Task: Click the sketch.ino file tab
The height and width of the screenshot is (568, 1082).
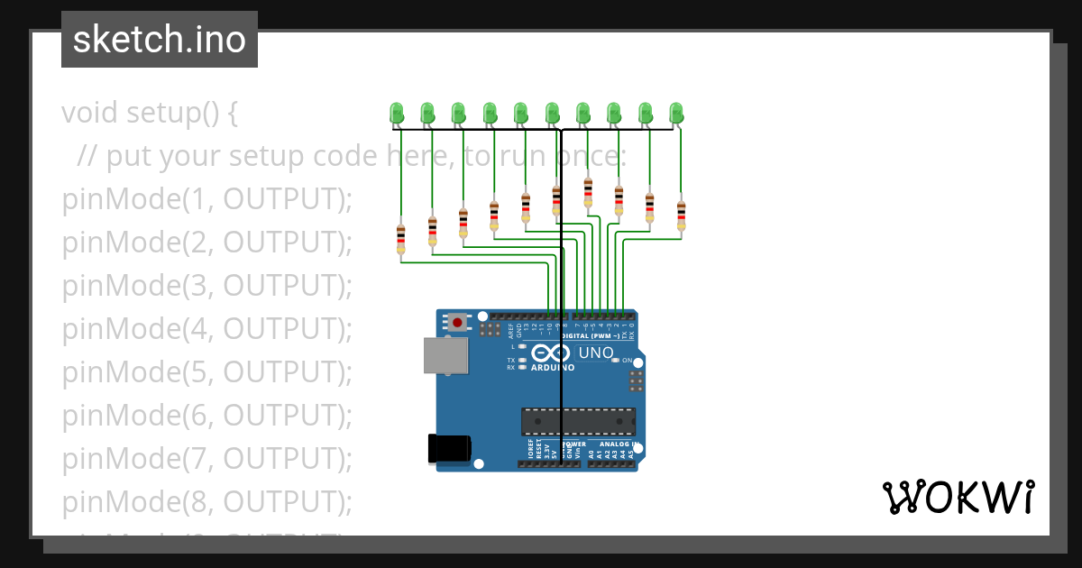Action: (x=160, y=40)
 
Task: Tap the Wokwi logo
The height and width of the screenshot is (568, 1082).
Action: (x=958, y=498)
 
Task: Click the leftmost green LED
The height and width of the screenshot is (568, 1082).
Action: (x=397, y=113)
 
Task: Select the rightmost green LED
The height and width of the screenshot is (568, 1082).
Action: (x=677, y=113)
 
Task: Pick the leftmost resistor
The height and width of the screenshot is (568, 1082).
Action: (x=401, y=239)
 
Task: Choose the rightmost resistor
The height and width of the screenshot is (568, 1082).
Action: (x=681, y=215)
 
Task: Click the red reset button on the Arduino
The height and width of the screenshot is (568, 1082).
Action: (x=459, y=322)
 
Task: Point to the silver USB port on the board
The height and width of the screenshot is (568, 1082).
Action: (x=445, y=355)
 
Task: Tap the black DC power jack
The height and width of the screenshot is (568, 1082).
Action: (x=449, y=448)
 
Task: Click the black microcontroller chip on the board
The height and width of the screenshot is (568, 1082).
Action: (x=578, y=421)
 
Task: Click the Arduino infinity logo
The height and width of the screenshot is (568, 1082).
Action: (x=550, y=353)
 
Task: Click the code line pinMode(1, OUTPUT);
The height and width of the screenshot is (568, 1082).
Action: (x=207, y=199)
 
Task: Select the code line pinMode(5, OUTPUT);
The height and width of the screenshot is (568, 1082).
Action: (x=207, y=372)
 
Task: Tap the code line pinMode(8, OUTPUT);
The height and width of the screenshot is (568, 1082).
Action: (x=207, y=501)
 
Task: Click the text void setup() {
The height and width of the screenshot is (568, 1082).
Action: (x=150, y=113)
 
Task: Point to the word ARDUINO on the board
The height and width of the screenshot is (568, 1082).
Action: (x=552, y=368)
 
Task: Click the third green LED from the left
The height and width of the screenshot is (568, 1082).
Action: (x=459, y=113)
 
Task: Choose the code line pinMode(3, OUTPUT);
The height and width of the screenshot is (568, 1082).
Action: (x=207, y=286)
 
